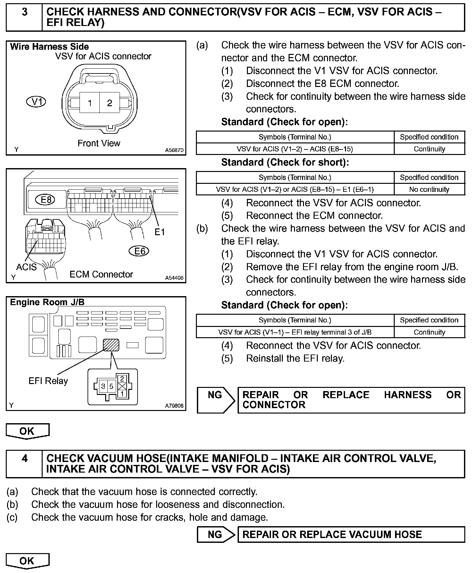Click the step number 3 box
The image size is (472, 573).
[24, 17]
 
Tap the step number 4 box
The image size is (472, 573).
[24, 464]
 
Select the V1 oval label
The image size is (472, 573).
[36, 102]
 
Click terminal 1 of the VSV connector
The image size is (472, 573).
[90, 103]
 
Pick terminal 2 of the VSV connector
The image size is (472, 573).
[110, 103]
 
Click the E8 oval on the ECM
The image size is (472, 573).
[46, 200]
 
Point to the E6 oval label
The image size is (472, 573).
[139, 251]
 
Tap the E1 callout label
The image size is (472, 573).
[159, 232]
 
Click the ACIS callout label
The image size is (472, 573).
[26, 267]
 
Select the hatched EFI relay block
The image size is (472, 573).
[111, 345]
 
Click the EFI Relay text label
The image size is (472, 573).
[48, 381]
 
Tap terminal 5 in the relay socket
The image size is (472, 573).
[111, 386]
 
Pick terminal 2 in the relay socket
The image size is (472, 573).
[122, 379]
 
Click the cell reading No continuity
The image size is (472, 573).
[429, 189]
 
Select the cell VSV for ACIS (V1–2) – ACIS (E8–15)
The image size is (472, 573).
[295, 149]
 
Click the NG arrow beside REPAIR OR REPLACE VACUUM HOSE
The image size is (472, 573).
[216, 535]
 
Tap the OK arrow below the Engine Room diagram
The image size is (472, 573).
[27, 431]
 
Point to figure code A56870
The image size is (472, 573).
[174, 150]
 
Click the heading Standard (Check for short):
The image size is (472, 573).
[285, 163]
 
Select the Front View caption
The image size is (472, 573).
[99, 143]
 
